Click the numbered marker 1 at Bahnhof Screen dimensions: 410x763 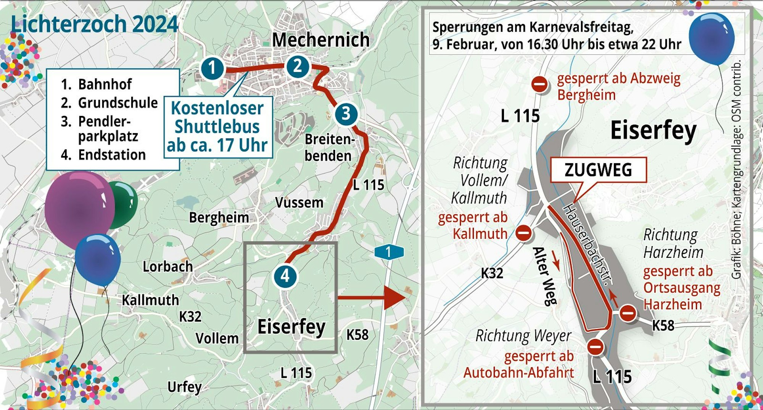[x=212, y=68]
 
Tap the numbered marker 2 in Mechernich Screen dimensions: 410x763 [x=298, y=66]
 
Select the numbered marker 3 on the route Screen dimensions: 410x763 [x=346, y=114]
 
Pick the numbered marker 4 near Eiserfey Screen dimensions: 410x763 [x=285, y=276]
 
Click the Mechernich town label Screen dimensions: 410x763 [x=320, y=40]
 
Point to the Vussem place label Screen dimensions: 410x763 [x=299, y=203]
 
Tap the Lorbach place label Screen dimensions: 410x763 [x=167, y=267]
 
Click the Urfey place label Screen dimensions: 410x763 [x=184, y=387]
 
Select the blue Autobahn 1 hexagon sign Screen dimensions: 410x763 [x=389, y=252]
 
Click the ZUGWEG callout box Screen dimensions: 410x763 [x=598, y=170]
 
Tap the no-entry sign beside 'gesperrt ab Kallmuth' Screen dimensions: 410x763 [x=523, y=232]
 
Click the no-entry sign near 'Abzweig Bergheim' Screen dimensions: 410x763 [x=539, y=84]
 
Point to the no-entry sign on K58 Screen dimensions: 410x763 [x=628, y=314]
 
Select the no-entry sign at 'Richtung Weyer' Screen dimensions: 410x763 [x=595, y=346]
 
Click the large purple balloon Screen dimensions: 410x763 [x=78, y=208]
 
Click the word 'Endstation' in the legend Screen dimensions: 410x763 [x=112, y=155]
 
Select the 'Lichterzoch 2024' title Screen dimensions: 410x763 [x=94, y=24]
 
